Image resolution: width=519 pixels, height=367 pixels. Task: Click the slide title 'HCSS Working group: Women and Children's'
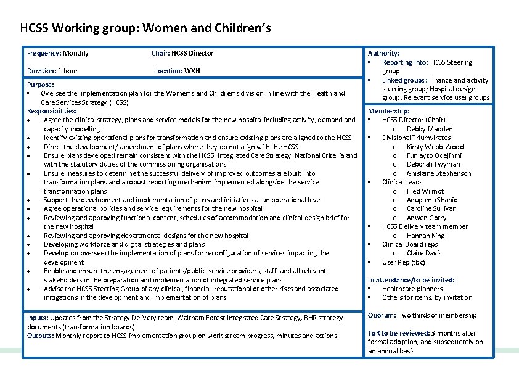pyautogui.click(x=145, y=28)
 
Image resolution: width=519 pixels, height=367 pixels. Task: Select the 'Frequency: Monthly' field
pyautogui.click(x=58, y=53)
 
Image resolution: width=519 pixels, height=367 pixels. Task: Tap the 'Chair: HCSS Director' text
pyautogui.click(x=182, y=53)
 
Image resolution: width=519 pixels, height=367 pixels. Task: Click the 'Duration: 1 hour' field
pyautogui.click(x=52, y=71)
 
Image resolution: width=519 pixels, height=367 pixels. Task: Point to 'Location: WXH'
pyautogui.click(x=177, y=71)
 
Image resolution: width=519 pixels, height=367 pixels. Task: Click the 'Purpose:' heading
pyautogui.click(x=41, y=85)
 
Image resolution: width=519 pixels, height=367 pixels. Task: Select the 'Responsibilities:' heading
pyautogui.click(x=52, y=111)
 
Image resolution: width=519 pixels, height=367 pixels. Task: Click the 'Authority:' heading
pyautogui.click(x=383, y=54)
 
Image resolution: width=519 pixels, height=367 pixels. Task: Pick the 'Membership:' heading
pyautogui.click(x=388, y=111)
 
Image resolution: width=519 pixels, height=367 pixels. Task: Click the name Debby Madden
pyautogui.click(x=430, y=129)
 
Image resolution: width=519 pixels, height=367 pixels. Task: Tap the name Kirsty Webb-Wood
pyautogui.click(x=435, y=147)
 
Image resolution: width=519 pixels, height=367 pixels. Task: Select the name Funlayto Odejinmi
pyautogui.click(x=434, y=155)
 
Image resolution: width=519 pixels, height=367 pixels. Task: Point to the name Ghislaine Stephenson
pyautogui.click(x=439, y=173)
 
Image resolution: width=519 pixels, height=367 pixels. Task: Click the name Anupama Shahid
pyautogui.click(x=432, y=200)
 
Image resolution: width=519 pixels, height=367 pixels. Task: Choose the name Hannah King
pyautogui.click(x=425, y=236)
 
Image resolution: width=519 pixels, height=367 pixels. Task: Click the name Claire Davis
pyautogui.click(x=424, y=253)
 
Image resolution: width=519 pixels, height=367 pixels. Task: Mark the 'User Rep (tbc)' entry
pyautogui.click(x=403, y=262)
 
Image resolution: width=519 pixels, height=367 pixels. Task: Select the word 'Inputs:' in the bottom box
pyautogui.click(x=38, y=318)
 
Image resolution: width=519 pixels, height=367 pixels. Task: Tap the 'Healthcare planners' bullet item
pyautogui.click(x=412, y=289)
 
